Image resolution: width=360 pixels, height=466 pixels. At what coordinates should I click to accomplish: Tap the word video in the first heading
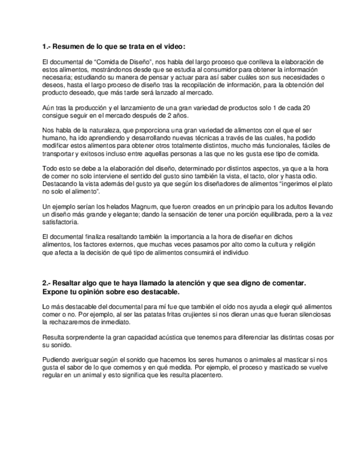pyautogui.click(x=173, y=46)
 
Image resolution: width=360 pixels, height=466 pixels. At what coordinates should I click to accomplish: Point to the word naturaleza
pyautogui.click(x=108, y=130)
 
